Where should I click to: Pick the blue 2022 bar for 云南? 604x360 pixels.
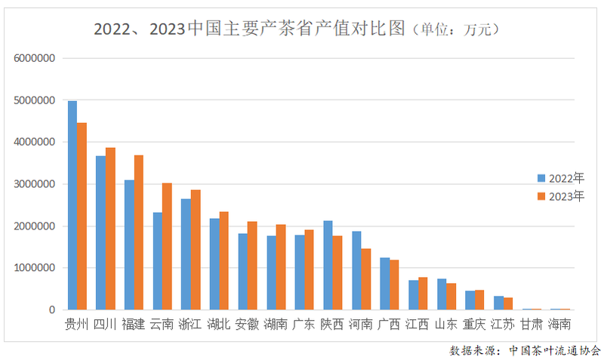point(157,261)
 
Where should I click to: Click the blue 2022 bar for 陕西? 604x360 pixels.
point(328,265)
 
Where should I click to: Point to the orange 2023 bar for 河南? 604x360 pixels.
point(365,279)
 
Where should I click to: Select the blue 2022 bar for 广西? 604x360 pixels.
point(384,284)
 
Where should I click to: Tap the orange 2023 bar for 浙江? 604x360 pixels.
point(196,250)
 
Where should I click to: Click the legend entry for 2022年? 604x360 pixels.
point(560,179)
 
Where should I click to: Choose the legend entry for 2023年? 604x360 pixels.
point(560,196)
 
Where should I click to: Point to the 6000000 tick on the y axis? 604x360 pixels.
point(35,58)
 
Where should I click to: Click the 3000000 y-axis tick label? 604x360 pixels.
point(35,184)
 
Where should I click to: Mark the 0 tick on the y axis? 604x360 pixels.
point(52,310)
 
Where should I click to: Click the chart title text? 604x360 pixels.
point(294,29)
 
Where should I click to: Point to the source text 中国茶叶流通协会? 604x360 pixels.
point(554,350)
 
